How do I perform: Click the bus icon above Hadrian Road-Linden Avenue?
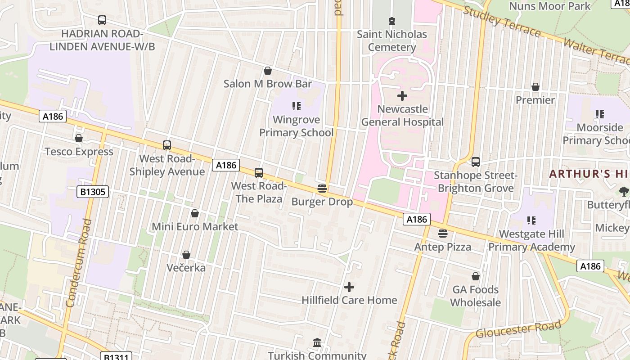[102, 20]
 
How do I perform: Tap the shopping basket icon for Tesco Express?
[79, 138]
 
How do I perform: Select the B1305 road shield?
[93, 192]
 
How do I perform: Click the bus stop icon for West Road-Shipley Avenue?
[167, 145]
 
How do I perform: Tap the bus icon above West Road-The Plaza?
[259, 172]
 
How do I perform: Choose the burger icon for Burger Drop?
[322, 188]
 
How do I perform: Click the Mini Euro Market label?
[195, 226]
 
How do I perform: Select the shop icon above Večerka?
[186, 255]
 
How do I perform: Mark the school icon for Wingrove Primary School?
[296, 106]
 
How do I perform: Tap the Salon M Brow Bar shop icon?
[268, 71]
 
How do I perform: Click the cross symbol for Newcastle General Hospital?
[402, 95]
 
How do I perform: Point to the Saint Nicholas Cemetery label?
[392, 40]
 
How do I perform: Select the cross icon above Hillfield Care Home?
[349, 287]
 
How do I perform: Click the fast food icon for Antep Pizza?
[443, 233]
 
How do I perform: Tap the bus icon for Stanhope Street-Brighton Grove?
[476, 162]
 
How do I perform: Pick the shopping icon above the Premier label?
[535, 86]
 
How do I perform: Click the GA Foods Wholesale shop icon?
[476, 276]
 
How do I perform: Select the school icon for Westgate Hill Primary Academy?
[531, 220]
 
